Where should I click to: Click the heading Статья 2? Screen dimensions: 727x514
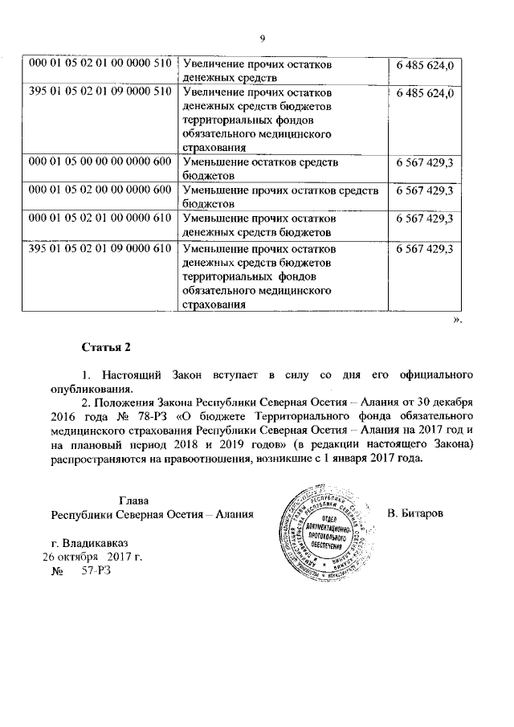click(106, 348)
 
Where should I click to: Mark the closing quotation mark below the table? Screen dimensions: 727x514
click(458, 321)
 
